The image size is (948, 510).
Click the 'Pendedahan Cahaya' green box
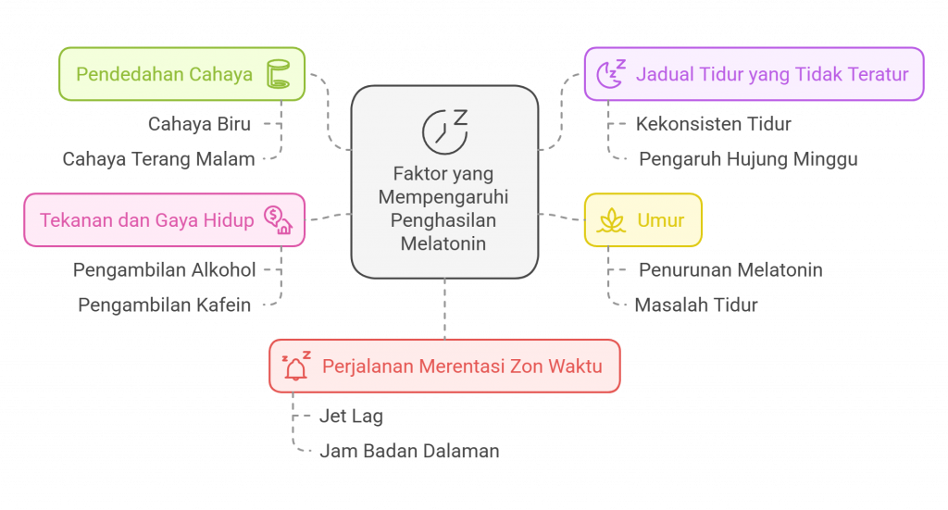[181, 74]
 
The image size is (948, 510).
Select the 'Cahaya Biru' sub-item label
[199, 123]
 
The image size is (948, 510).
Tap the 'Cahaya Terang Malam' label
[158, 159]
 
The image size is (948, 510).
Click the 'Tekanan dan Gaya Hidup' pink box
[164, 220]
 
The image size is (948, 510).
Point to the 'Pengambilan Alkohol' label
[164, 270]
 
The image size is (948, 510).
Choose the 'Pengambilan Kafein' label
[164, 305]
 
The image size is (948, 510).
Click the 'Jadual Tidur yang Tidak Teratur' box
[754, 74]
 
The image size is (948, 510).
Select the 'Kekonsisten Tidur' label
[714, 123]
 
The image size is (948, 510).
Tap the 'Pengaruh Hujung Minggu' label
[748, 159]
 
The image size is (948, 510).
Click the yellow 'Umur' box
[642, 220]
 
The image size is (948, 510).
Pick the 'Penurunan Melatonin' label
[730, 270]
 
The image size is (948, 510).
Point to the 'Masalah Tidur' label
[696, 305]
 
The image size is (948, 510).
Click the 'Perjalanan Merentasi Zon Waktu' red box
[444, 366]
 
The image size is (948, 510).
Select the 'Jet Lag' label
[351, 417]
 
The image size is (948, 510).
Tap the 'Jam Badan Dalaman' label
[409, 452]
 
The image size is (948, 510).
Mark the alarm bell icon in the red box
[296, 366]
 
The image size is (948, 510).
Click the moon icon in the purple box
[611, 74]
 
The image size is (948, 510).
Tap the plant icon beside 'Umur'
[611, 220]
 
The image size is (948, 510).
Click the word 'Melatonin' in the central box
[444, 244]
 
